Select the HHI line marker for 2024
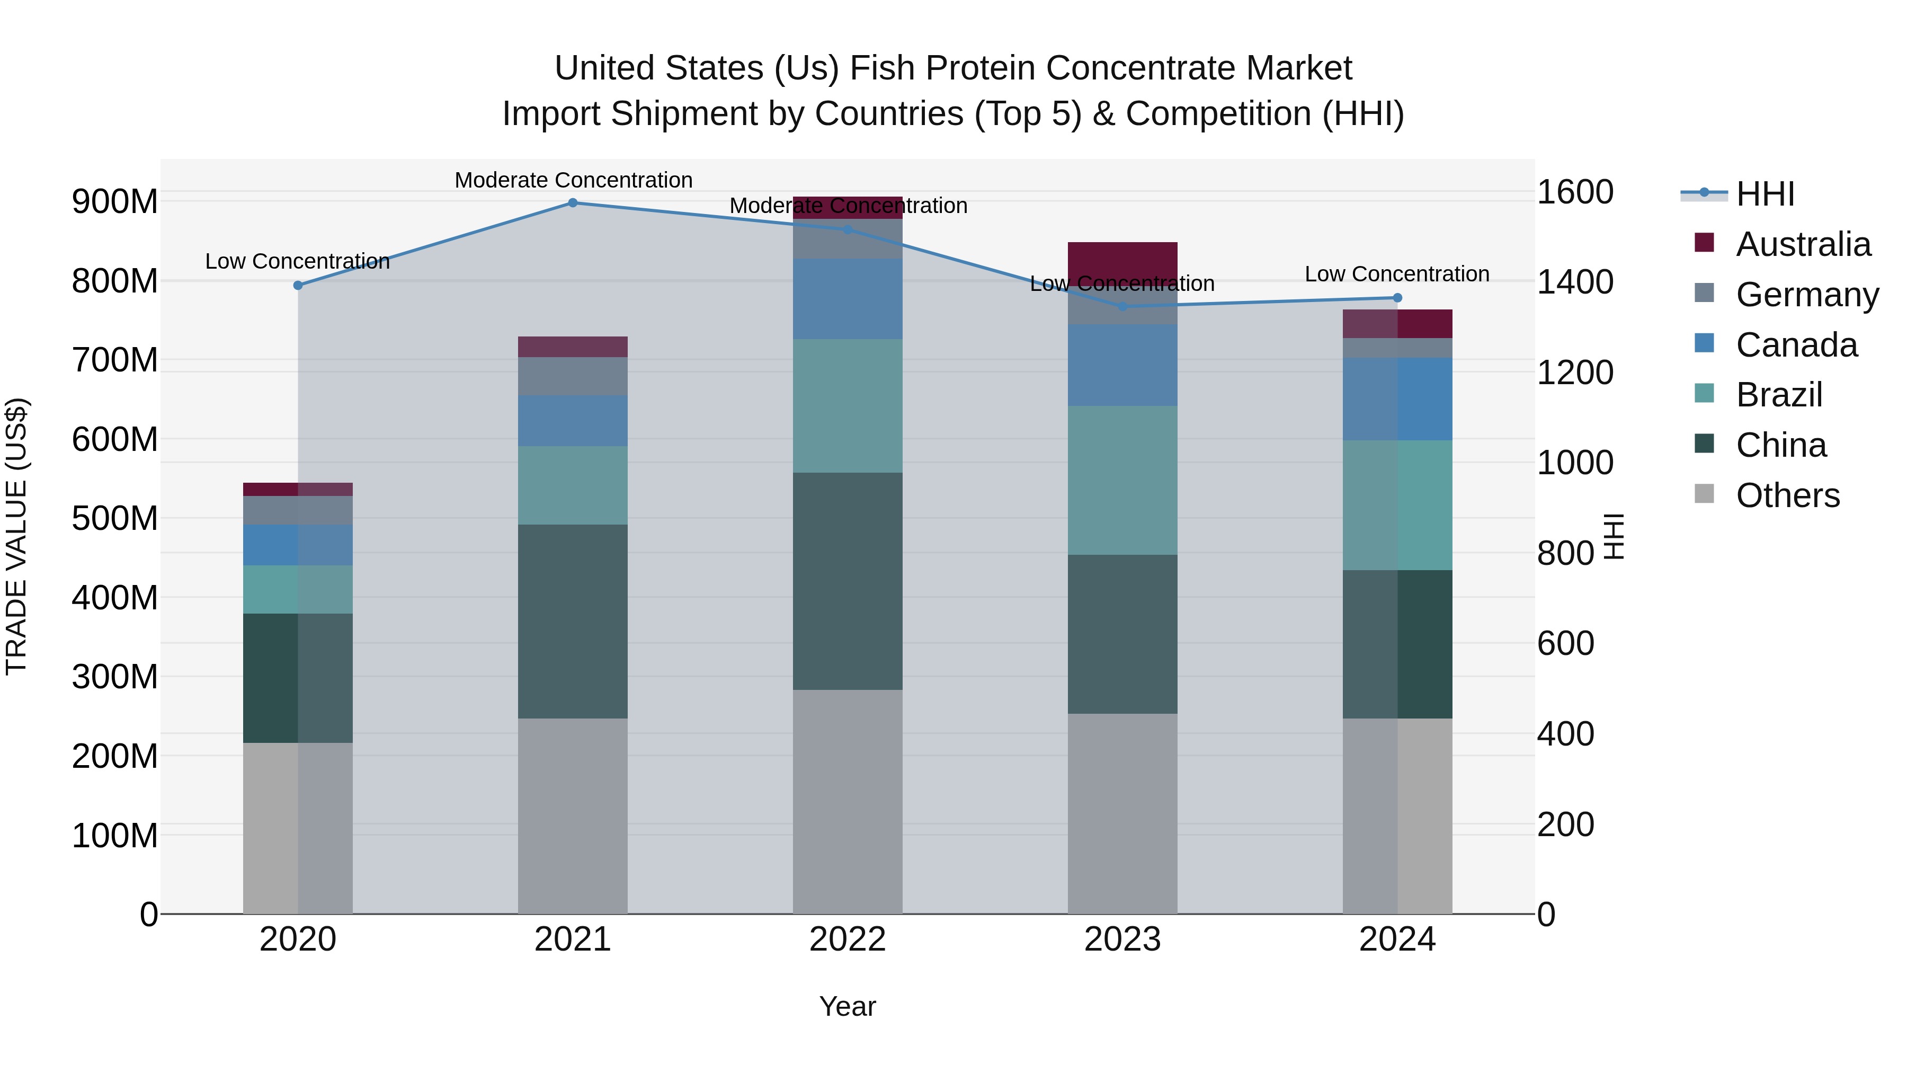tap(1397, 298)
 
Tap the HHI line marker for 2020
tap(298, 285)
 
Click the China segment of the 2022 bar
tap(848, 581)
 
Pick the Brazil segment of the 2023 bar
tap(1122, 480)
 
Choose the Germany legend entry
tap(1806, 295)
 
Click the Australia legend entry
tap(1803, 244)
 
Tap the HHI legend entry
tap(1765, 194)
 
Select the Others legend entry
tap(1787, 495)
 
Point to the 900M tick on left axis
tap(115, 201)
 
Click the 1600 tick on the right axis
tap(1575, 192)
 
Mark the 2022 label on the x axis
tap(848, 939)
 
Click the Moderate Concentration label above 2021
tap(573, 180)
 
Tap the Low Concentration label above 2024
tap(1396, 274)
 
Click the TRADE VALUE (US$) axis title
tap(16, 536)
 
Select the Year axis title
tap(847, 1006)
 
